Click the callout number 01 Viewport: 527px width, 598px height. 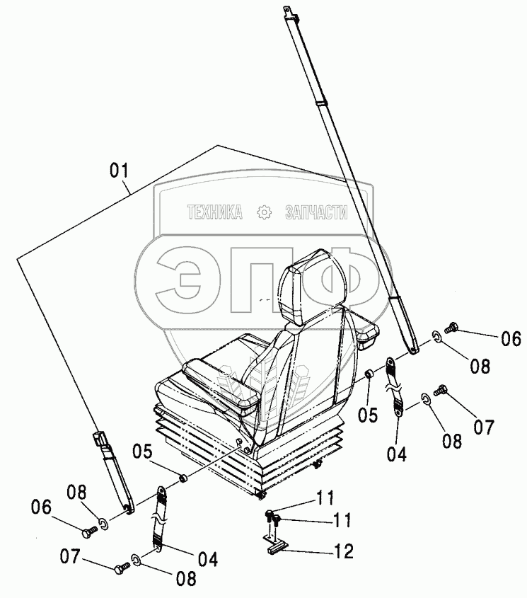click(119, 171)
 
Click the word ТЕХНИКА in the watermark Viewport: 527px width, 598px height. click(215, 212)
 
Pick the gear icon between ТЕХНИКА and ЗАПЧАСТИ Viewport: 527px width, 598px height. click(265, 212)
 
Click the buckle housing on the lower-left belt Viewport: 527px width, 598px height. click(102, 443)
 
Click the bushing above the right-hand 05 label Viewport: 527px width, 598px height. click(369, 374)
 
